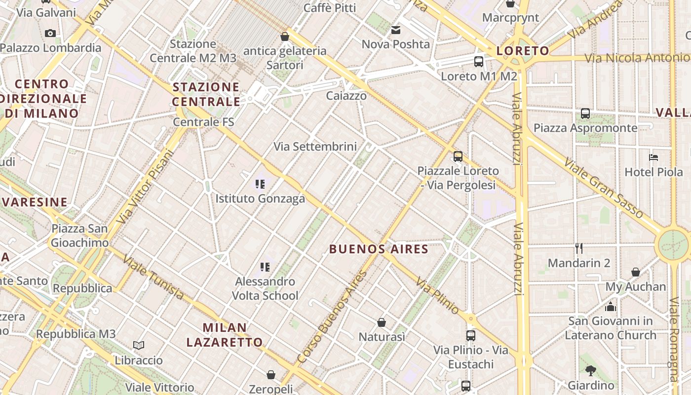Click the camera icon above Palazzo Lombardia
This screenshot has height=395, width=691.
(x=50, y=33)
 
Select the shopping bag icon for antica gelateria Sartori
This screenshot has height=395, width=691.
(x=284, y=36)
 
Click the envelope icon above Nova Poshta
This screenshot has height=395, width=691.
(x=396, y=30)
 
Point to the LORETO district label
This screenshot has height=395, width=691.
(x=523, y=51)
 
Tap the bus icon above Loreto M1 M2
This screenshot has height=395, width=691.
(x=478, y=62)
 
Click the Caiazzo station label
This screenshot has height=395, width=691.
(x=346, y=96)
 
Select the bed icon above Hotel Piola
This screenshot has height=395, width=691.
(x=653, y=158)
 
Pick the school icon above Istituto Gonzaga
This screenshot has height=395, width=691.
(x=260, y=184)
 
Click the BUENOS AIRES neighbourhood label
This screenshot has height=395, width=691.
(x=379, y=249)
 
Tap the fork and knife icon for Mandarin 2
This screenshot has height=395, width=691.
(x=579, y=248)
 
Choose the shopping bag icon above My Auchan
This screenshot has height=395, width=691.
(x=636, y=272)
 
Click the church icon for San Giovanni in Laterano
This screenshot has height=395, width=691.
(x=611, y=307)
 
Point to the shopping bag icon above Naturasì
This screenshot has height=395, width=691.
(x=382, y=322)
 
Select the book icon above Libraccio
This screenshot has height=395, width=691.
(x=139, y=345)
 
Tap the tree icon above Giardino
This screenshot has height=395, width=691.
(x=591, y=370)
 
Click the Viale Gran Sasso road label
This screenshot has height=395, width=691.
(x=604, y=188)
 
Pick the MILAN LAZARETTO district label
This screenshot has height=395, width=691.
(x=232, y=335)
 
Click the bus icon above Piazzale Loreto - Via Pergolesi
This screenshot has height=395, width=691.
(x=458, y=157)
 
